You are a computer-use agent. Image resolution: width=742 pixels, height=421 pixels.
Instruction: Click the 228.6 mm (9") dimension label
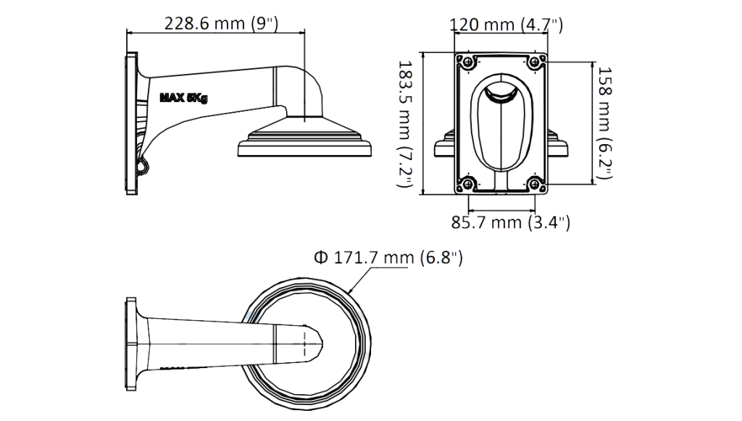(x=221, y=23)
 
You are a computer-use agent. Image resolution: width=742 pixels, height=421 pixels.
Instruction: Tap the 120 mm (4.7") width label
(x=506, y=24)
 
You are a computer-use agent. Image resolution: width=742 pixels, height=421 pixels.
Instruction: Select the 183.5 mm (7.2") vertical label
(x=404, y=123)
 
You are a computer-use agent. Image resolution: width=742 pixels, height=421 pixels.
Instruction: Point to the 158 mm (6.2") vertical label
(x=605, y=122)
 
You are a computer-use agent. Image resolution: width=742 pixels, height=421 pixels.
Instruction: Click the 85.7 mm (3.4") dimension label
(x=511, y=222)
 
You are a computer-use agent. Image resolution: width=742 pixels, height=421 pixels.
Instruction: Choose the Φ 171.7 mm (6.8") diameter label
(x=388, y=258)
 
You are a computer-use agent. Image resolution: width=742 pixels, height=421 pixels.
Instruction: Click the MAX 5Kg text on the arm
(x=183, y=98)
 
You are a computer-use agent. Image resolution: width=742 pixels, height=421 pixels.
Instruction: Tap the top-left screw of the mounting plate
(x=468, y=62)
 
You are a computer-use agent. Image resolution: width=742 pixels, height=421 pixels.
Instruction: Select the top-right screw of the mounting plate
(x=535, y=62)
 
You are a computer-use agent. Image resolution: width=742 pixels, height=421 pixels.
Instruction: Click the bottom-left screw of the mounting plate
(x=468, y=183)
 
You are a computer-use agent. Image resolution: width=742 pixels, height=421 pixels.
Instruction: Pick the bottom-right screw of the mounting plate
(x=535, y=183)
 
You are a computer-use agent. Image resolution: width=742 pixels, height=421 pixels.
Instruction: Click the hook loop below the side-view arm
(x=143, y=165)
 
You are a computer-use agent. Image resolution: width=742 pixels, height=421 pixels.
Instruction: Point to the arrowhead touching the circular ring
(x=350, y=290)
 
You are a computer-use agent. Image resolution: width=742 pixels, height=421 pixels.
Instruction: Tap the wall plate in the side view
(x=132, y=123)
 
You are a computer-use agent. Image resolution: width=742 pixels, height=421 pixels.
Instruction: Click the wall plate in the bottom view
(x=131, y=344)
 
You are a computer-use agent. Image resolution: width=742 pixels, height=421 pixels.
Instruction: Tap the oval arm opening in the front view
(x=501, y=123)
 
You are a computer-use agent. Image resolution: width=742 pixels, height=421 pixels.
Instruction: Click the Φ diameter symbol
(x=321, y=258)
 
